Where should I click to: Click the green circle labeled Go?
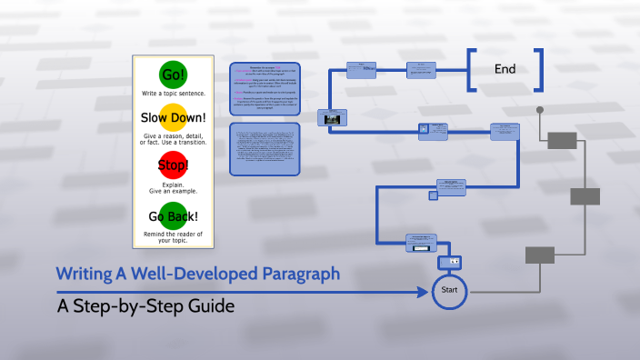click(173, 75)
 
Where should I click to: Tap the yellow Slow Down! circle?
click(173, 118)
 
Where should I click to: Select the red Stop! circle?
click(173, 165)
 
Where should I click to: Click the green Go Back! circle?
click(173, 215)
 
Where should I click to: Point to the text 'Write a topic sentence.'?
click(173, 95)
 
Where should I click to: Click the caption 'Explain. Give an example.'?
click(173, 188)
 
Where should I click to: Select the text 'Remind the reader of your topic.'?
click(173, 237)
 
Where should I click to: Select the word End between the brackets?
click(505, 69)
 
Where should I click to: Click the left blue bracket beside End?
click(472, 70)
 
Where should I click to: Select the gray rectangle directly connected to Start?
click(540, 255)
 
